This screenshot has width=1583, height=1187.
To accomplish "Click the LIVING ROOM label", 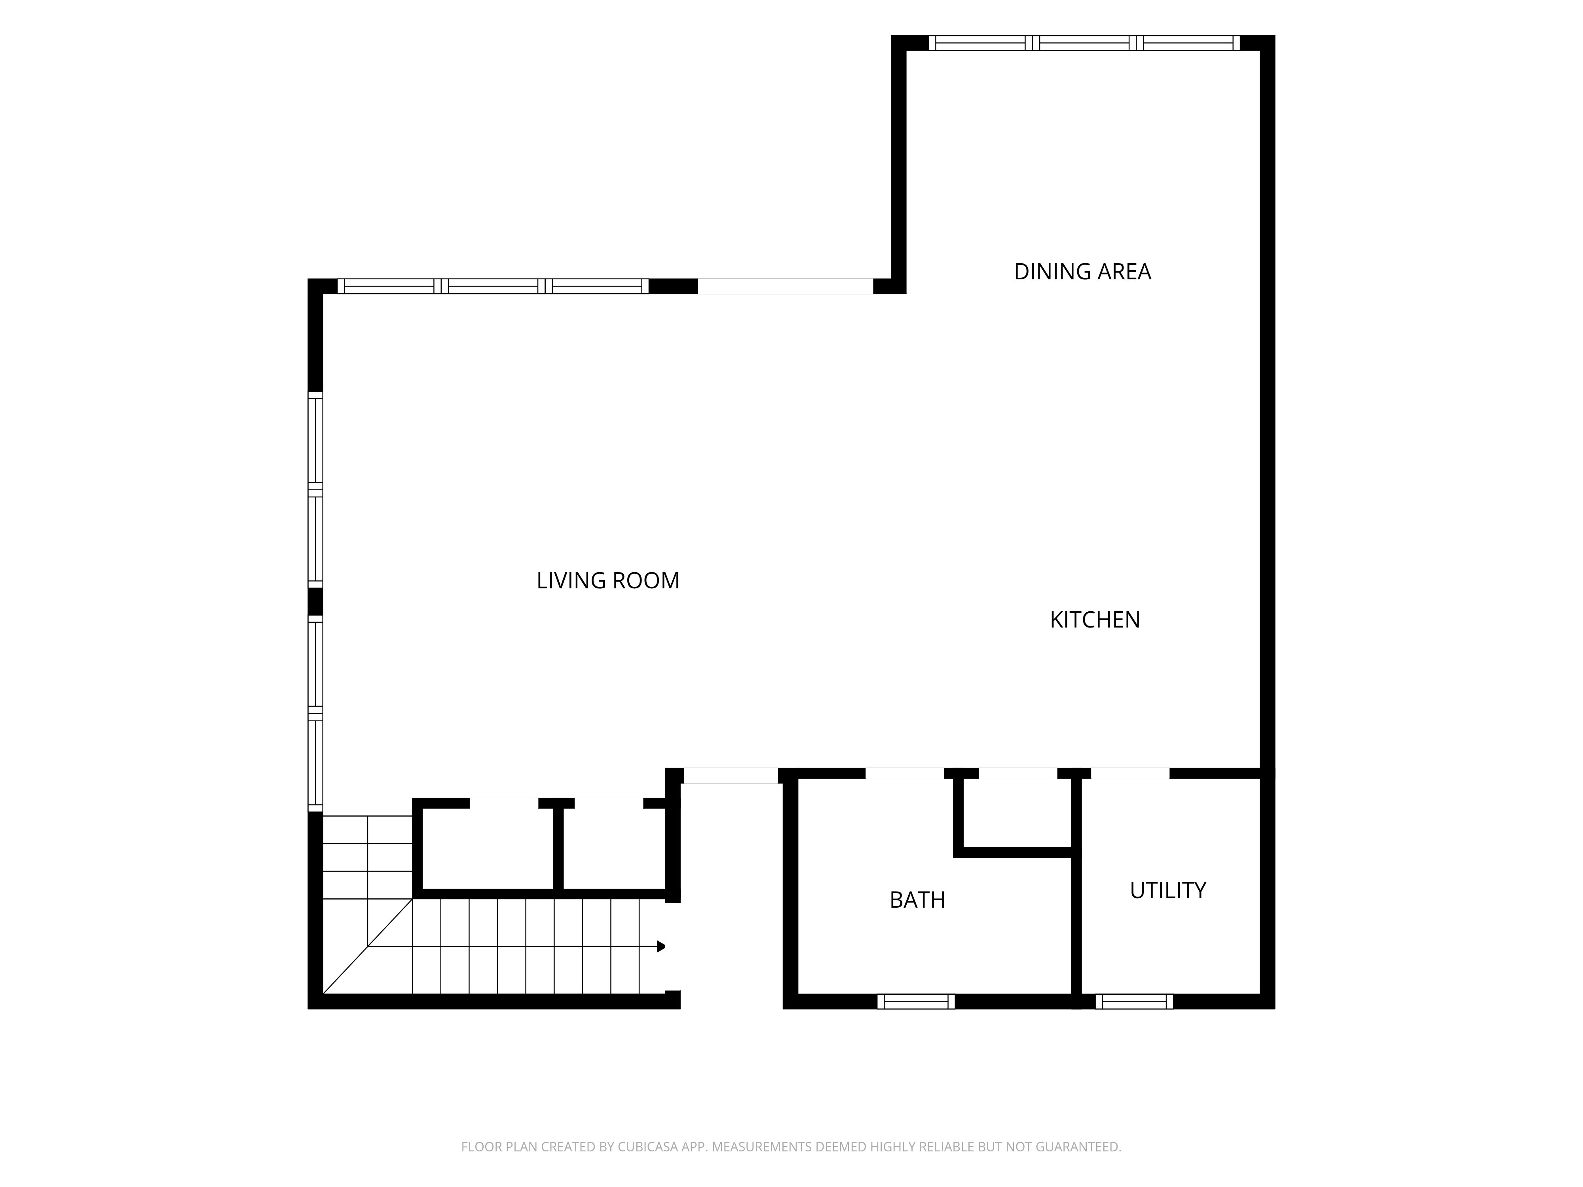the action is click(607, 580).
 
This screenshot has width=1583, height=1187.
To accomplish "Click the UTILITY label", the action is click(1168, 890).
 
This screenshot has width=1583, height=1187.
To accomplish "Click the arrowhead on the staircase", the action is click(661, 946).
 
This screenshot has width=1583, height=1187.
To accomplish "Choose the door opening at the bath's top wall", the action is click(905, 774).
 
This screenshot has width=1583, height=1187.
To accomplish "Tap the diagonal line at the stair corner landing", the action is click(368, 946).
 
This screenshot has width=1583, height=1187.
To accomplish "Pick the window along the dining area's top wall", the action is click(1084, 43).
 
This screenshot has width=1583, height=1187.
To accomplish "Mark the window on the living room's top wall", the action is click(493, 286).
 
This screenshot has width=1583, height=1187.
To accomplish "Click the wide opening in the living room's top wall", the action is click(785, 286).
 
